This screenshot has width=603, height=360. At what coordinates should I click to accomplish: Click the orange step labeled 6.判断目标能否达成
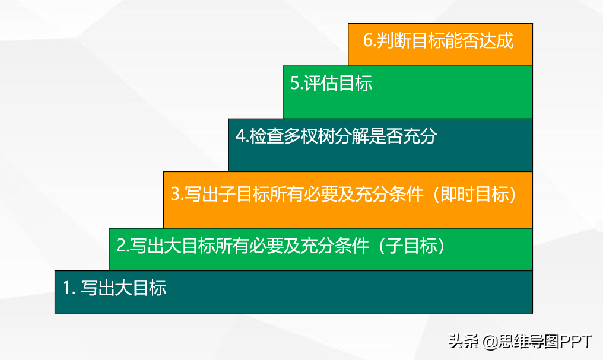[x=440, y=44]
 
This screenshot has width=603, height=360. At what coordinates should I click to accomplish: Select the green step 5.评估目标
[x=408, y=92]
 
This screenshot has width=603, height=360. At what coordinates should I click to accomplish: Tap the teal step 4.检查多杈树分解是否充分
[x=380, y=145]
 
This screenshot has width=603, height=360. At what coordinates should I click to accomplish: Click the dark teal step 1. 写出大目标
[x=293, y=292]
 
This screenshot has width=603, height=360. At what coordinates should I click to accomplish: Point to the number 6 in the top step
[x=367, y=41]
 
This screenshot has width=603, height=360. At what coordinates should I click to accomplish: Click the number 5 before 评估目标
[x=294, y=84]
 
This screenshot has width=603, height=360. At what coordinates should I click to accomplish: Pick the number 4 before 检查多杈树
[x=240, y=136]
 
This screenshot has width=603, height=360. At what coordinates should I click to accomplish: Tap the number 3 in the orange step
[x=175, y=193]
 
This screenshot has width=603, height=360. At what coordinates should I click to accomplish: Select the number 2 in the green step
[x=120, y=246]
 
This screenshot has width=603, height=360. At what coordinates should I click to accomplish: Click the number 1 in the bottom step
[x=66, y=288]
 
